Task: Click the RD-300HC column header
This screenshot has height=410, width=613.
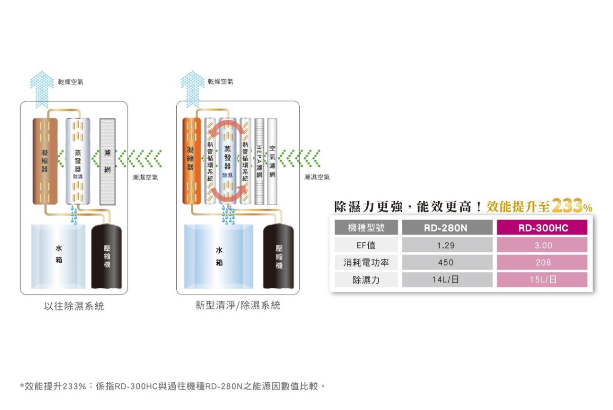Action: (543, 228)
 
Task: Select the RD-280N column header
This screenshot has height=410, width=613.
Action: (447, 228)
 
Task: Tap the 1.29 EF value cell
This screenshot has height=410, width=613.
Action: (447, 245)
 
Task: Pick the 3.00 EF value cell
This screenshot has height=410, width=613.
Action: (543, 245)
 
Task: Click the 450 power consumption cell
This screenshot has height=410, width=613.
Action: (447, 262)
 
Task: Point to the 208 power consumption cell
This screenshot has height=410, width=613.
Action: (543, 262)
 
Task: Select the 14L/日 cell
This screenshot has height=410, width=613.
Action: (447, 280)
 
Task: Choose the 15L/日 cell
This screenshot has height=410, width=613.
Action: (543, 280)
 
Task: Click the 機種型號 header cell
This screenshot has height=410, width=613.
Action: (366, 228)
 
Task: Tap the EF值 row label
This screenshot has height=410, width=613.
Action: (366, 245)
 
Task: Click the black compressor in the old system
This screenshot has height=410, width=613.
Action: (107, 257)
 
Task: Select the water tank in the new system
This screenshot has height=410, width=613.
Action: (219, 257)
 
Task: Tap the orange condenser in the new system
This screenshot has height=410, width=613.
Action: (191, 161)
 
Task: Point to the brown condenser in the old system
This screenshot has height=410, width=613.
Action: (45, 161)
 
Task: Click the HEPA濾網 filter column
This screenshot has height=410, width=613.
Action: (259, 161)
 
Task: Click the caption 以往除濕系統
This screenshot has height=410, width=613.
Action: (74, 306)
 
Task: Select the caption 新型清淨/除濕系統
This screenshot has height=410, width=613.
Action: (238, 305)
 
